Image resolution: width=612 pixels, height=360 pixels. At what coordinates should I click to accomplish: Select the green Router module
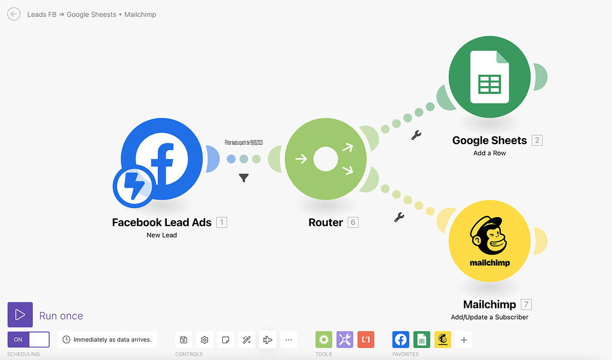click(326, 159)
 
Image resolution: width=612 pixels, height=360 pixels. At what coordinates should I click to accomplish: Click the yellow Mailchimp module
click(489, 241)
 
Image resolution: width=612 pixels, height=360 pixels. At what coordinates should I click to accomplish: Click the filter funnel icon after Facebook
click(244, 178)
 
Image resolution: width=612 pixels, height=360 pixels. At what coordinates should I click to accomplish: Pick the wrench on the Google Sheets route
click(417, 135)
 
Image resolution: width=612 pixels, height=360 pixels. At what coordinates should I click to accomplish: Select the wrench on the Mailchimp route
click(400, 217)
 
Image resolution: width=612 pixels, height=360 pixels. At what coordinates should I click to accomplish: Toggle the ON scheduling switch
click(28, 340)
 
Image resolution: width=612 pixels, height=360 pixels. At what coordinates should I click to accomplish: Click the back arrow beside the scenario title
click(14, 14)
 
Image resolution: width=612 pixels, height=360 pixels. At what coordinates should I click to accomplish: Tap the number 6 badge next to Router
click(353, 222)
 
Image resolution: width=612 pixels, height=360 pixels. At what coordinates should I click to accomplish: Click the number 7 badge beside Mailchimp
click(526, 304)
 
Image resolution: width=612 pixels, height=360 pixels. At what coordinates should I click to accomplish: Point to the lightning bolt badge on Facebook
click(133, 186)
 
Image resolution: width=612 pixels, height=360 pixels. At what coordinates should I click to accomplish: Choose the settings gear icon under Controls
click(204, 340)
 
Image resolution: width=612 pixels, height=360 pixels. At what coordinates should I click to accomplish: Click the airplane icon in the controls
click(268, 340)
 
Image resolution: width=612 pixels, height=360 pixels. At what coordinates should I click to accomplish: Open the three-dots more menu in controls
click(289, 340)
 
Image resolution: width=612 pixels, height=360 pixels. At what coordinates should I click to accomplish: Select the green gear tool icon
click(324, 340)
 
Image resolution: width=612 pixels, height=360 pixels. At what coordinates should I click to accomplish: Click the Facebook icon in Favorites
click(401, 340)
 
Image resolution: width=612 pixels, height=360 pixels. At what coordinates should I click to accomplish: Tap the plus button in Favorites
click(464, 340)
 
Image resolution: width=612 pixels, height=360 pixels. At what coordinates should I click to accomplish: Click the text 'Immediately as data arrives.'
click(112, 340)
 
